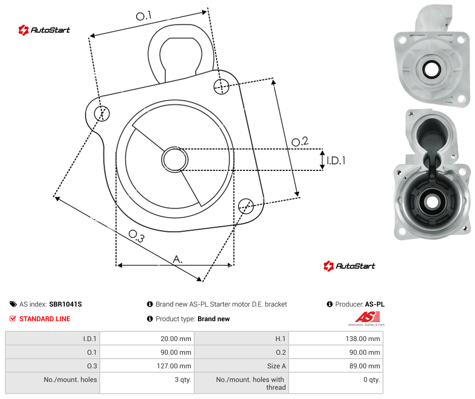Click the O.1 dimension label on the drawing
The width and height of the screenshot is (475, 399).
(144, 16)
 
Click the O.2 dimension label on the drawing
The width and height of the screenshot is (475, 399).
(300, 141)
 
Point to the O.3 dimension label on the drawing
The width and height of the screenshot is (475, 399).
(137, 236)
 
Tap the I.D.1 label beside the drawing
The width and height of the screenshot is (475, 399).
(336, 160)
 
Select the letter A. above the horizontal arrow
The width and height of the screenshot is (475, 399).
(178, 259)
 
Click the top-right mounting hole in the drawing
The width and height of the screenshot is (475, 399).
(221, 86)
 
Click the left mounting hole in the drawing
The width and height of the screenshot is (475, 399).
(102, 113)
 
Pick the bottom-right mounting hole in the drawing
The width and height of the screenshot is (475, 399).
(246, 206)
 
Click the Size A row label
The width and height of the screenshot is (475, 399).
(276, 366)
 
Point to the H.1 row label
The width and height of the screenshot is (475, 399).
(280, 339)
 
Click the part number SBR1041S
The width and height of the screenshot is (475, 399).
(65, 304)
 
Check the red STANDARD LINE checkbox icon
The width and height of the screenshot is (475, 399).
(13, 318)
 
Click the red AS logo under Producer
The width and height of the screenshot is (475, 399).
(367, 318)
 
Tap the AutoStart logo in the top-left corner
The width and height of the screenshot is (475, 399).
(44, 30)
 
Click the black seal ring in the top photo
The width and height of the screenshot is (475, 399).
(431, 70)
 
